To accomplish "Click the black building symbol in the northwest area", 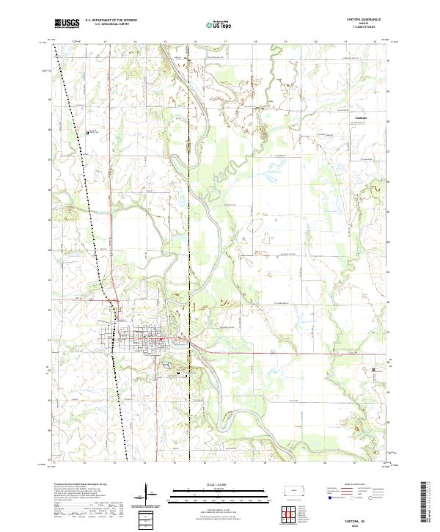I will coord(89,133).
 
